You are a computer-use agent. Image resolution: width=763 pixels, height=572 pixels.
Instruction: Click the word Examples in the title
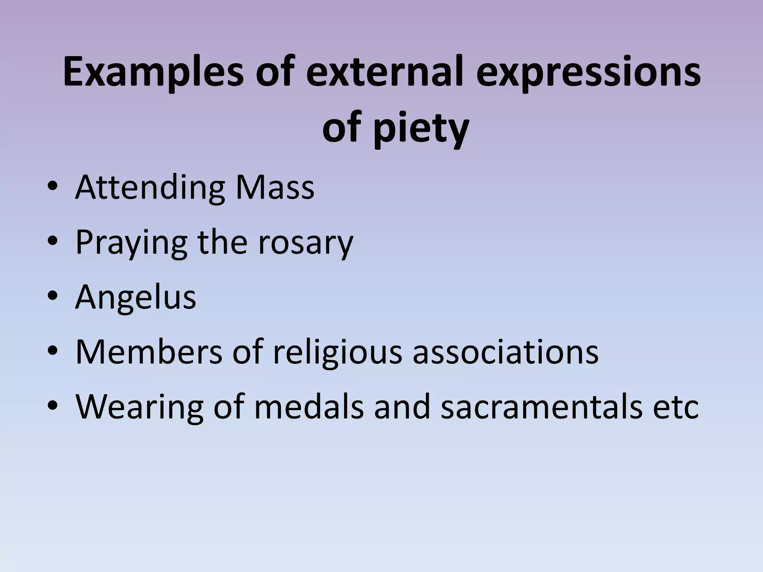click(x=153, y=73)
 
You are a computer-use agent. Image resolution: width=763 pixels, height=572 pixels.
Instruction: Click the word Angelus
click(x=136, y=298)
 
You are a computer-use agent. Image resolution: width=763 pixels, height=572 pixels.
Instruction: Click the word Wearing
click(x=140, y=407)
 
